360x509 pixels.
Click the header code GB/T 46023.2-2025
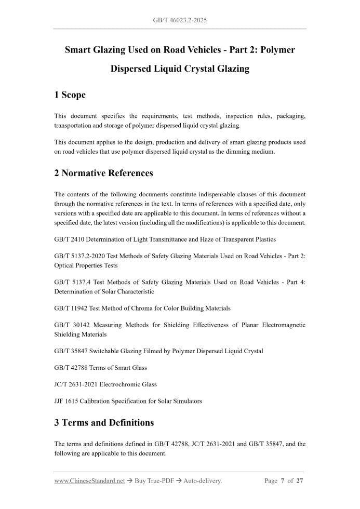point(180,20)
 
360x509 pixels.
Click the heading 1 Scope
point(70,95)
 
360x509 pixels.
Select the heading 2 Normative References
point(103,173)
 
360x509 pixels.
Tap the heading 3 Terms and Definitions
point(104,422)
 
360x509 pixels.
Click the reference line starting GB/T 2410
point(165,239)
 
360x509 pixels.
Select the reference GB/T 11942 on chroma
point(142,308)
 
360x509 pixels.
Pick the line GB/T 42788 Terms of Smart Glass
point(100,368)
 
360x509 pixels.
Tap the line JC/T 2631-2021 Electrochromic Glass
point(105,384)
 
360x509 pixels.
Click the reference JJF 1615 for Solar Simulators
point(128,401)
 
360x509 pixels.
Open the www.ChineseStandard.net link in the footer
point(89,481)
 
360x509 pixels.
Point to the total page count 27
point(300,481)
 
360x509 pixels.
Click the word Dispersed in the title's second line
point(130,69)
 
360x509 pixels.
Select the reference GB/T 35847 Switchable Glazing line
point(158,351)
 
